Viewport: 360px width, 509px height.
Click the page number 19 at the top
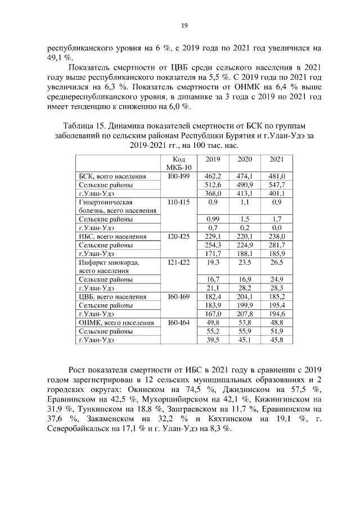183,25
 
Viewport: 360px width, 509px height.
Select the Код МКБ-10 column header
179,163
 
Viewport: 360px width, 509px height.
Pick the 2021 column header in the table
277,159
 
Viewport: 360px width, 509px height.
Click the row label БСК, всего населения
112,176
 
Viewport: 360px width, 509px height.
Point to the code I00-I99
179,176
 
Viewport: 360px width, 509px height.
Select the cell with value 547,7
277,184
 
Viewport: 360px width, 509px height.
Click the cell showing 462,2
213,176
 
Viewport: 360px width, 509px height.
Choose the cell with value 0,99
213,218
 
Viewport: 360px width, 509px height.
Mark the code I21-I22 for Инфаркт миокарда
179,262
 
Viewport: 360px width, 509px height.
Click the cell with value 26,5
277,262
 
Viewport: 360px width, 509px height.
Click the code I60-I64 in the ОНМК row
179,322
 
